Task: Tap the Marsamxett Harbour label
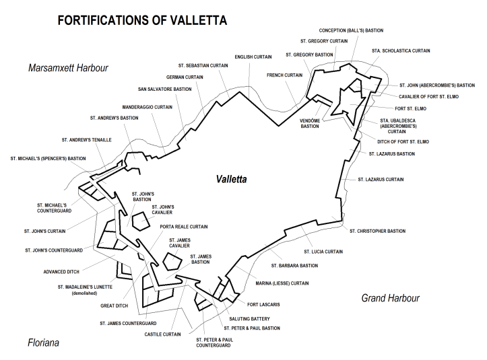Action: pos(68,68)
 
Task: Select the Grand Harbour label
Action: pos(390,297)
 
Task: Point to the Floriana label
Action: pos(43,343)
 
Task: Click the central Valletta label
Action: pos(232,180)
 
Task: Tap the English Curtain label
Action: pos(253,57)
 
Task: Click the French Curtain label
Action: pos(284,75)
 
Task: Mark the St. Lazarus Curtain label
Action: pos(381,180)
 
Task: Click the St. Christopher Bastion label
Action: pos(377,231)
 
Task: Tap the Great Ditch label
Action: pos(114,305)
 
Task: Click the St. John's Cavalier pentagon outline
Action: pos(140,221)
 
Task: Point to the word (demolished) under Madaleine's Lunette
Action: pos(85,293)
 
